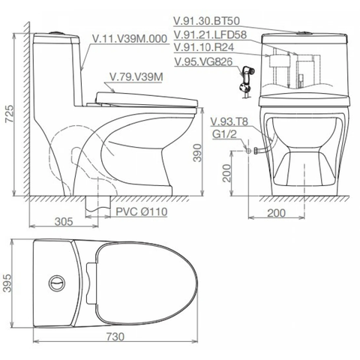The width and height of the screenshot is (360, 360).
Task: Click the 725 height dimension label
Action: click(x=10, y=114)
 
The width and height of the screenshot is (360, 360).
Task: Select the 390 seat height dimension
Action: click(x=197, y=153)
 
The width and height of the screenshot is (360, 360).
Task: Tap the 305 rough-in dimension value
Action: click(x=64, y=221)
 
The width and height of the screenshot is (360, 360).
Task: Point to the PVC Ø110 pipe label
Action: click(x=142, y=211)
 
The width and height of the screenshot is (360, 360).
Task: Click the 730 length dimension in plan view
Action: click(x=115, y=337)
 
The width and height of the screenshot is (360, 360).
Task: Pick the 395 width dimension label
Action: click(x=7, y=283)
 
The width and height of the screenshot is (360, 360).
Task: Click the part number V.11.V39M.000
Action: click(x=130, y=39)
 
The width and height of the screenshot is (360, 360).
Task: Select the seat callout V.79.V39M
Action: click(x=136, y=76)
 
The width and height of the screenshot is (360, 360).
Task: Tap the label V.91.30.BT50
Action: click(x=207, y=21)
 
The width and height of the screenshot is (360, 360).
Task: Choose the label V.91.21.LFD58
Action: click(x=210, y=34)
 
